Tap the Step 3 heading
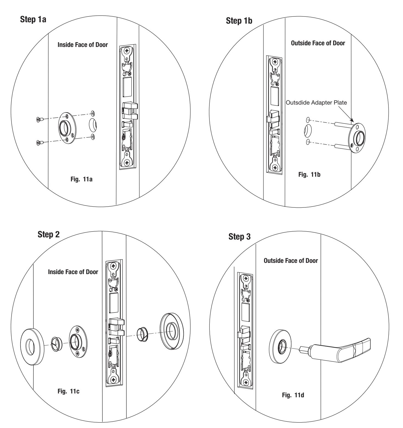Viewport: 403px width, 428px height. [x=239, y=237]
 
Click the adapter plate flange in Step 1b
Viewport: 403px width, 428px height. [x=358, y=136]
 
